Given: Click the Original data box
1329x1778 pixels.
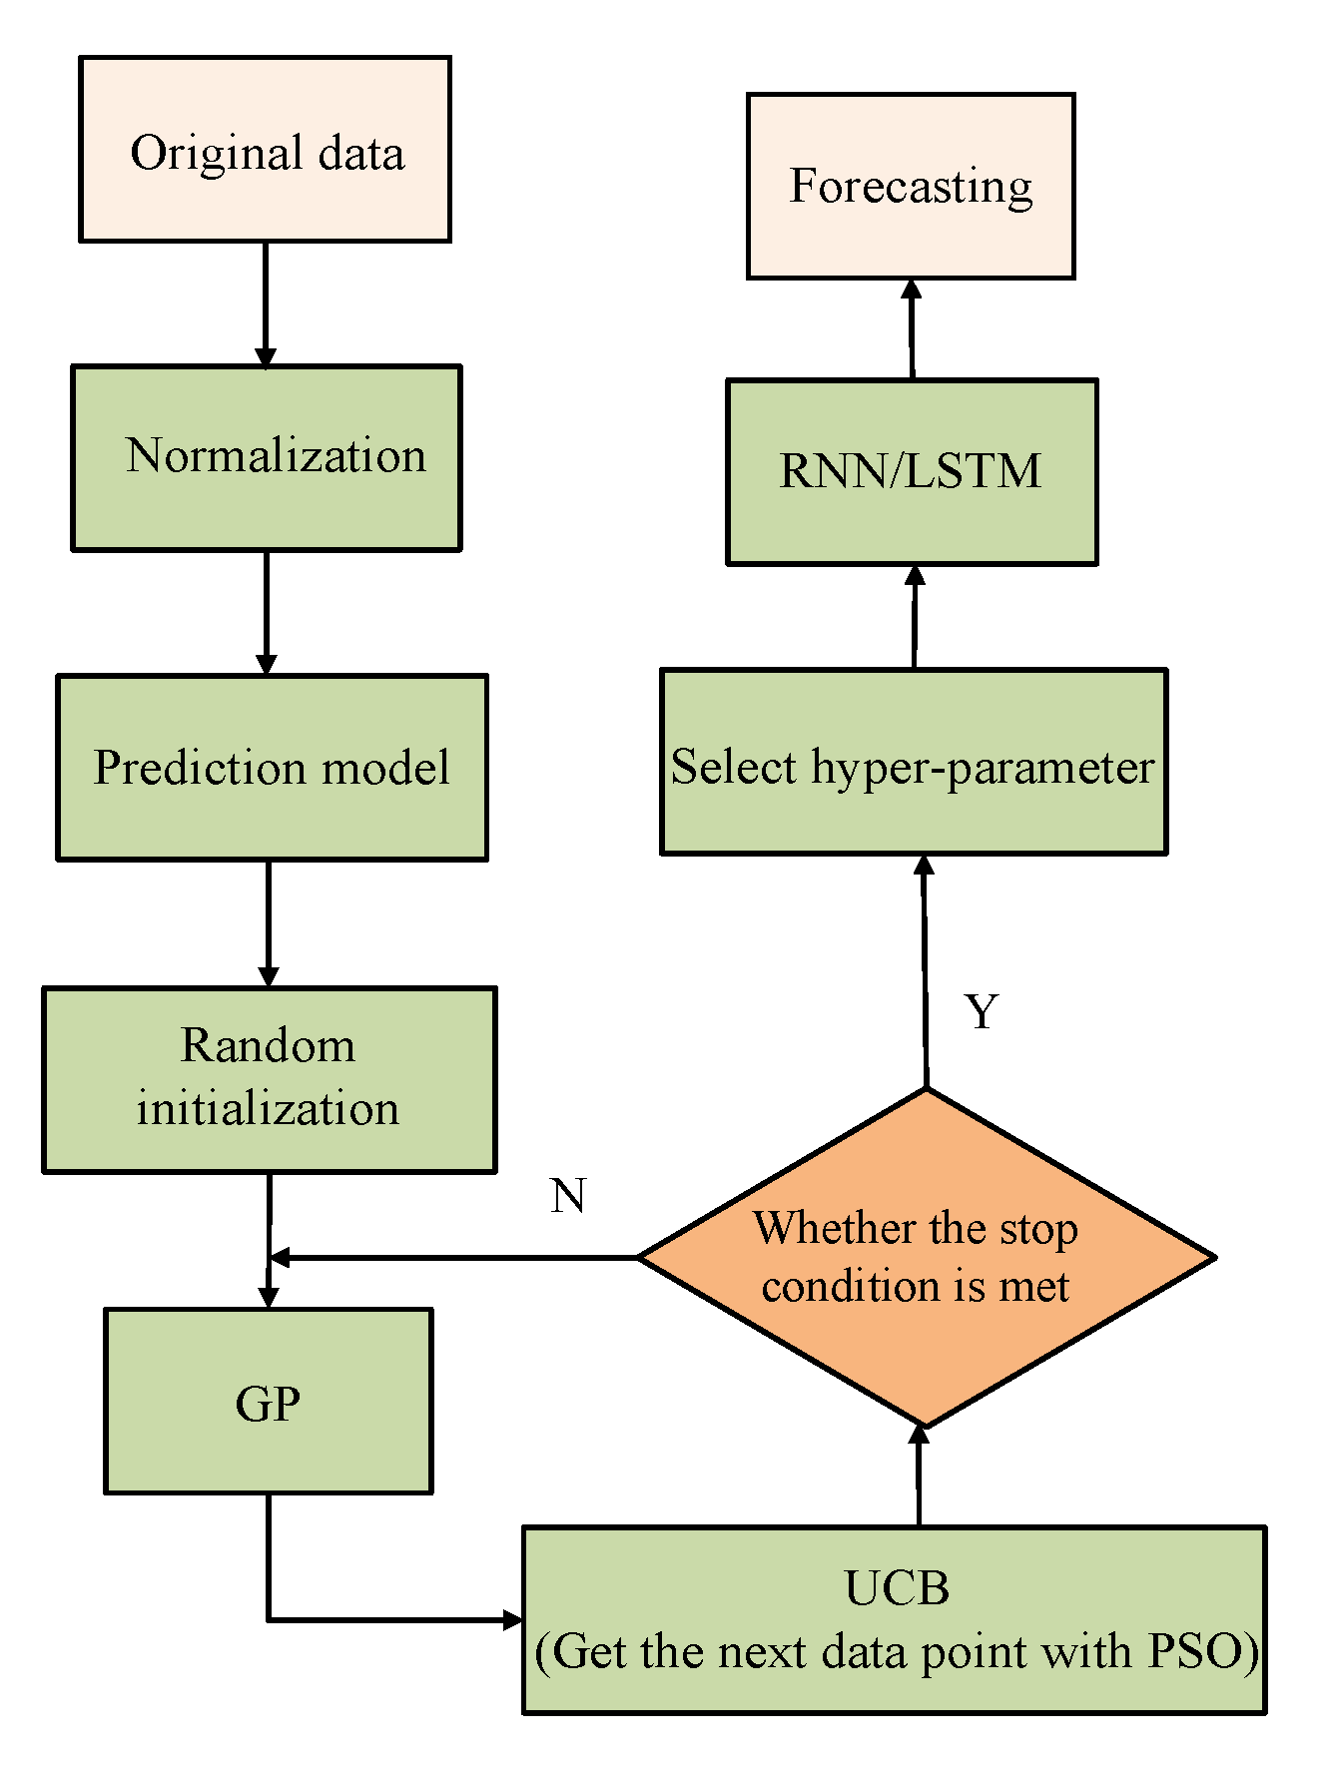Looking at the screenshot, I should click(265, 150).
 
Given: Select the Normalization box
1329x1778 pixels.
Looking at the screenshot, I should click(267, 458).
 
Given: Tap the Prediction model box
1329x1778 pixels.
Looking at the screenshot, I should click(272, 768).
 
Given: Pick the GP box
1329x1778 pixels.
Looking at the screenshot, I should click(268, 1402).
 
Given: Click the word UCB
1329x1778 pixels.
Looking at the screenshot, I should click(896, 1587).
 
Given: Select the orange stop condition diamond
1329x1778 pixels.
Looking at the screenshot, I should click(926, 1258).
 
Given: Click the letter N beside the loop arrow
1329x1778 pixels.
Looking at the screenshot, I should click(567, 1195).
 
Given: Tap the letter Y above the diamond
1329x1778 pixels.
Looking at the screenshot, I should click(982, 1012).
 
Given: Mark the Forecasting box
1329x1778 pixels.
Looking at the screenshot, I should click(911, 187).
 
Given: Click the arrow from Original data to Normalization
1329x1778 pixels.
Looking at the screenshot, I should click(265, 303).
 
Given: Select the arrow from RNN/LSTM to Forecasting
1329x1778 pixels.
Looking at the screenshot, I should click(912, 329).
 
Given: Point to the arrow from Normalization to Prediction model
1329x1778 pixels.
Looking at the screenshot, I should click(266, 612).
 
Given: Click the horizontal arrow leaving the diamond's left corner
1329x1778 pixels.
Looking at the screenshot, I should click(454, 1257).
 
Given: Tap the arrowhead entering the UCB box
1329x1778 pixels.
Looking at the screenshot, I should click(511, 1619).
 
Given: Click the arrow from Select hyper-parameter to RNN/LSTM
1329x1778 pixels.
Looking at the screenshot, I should click(915, 617).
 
